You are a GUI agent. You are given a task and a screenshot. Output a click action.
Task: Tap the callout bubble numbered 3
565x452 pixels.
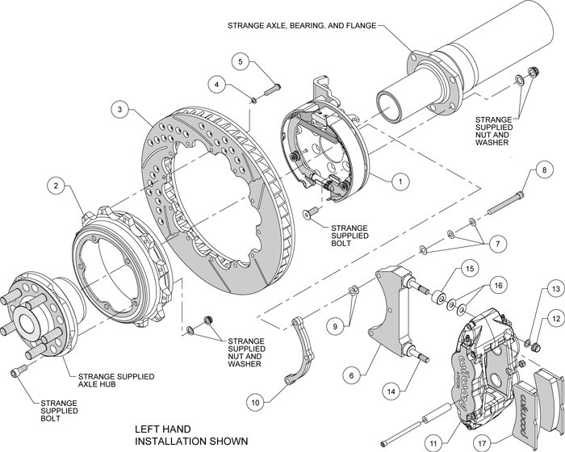(x=119, y=109)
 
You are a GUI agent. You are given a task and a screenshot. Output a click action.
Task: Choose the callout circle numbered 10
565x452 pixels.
(x=256, y=398)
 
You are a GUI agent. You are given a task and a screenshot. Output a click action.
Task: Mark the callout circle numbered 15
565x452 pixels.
(x=468, y=268)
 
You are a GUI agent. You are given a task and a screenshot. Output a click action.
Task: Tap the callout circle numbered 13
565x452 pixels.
(x=553, y=288)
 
